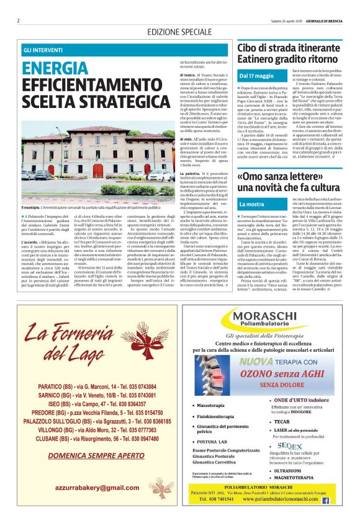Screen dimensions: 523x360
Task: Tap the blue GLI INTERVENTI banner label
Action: pyautogui.click(x=45, y=49)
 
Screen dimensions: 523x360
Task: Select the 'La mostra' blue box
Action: pyautogui.click(x=253, y=204)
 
